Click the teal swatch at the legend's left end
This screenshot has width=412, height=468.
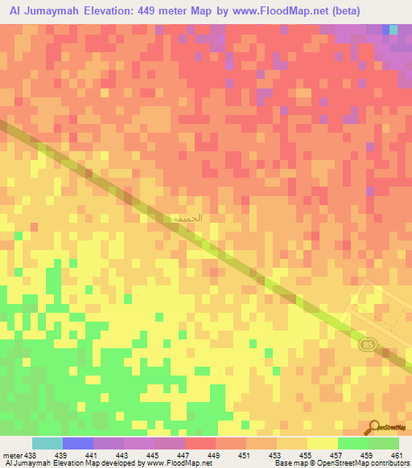[x=47, y=443]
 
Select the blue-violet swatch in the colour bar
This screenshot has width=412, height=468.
[x=78, y=443]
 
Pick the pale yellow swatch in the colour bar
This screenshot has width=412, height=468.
[x=323, y=443]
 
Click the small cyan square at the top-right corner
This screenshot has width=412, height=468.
[x=393, y=30]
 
